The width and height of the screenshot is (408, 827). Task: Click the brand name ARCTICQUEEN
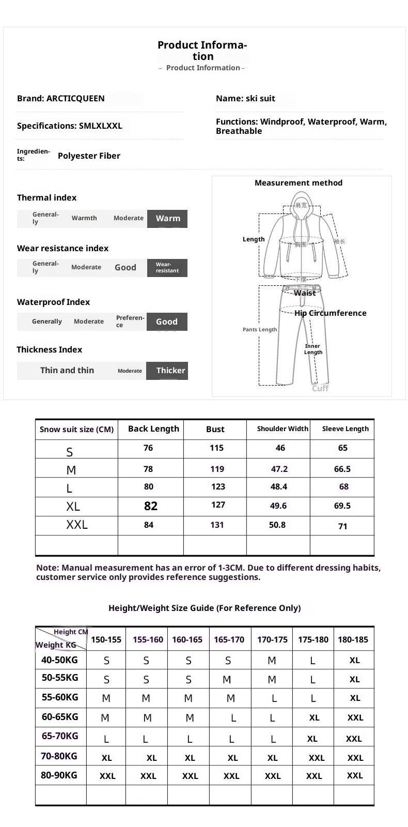coord(75,99)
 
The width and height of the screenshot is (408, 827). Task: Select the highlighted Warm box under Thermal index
coord(167,219)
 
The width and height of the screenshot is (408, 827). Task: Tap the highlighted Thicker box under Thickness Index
coord(167,371)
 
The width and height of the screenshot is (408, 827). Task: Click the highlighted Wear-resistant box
coord(167,268)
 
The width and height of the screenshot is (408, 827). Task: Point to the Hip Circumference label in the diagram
coord(330,313)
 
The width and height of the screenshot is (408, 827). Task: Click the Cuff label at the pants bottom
coord(320,388)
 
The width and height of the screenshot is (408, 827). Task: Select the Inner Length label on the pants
coord(313,349)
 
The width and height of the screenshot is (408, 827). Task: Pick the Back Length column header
coord(153,429)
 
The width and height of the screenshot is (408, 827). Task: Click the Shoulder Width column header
coord(283,429)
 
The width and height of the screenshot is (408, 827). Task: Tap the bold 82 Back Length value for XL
coord(151,506)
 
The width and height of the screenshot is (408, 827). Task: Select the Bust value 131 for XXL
coord(217,525)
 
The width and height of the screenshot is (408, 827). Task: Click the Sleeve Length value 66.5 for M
coord(342,469)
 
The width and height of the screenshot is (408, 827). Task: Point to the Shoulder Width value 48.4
coord(279,487)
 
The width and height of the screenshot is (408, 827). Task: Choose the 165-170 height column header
coord(229,640)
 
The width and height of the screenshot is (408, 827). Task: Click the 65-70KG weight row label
coord(60,736)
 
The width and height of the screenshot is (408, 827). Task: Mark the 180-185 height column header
coord(353,640)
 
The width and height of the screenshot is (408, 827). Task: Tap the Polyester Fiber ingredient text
coord(89,156)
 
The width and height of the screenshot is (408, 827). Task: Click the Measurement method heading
coord(299,183)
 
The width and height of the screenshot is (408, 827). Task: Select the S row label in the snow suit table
coord(70,452)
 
